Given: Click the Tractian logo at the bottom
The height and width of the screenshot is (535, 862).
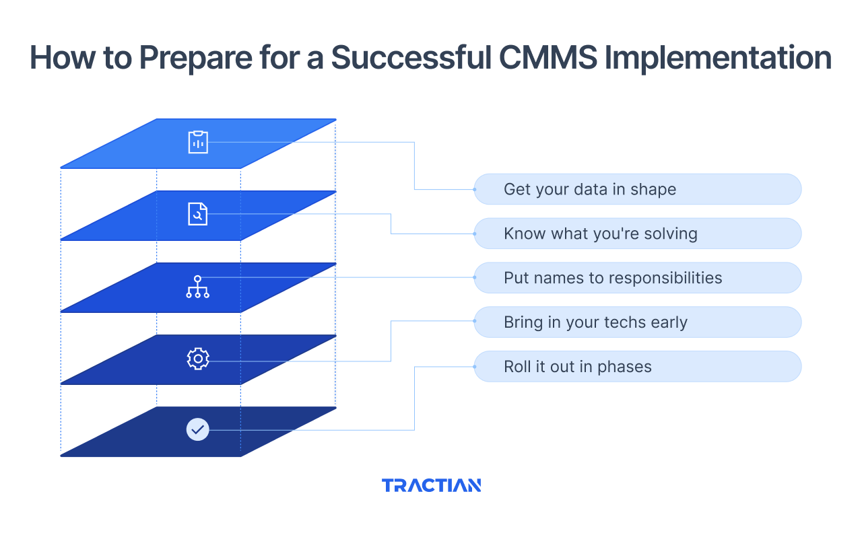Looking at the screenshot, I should point(431,485).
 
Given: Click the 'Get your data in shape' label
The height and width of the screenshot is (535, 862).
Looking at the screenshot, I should point(637,189).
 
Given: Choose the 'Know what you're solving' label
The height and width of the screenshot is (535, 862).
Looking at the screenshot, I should point(637,234).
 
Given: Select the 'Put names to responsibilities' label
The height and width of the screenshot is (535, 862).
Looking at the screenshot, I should point(637,278).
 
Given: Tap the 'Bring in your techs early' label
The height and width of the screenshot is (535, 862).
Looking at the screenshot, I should point(637,322).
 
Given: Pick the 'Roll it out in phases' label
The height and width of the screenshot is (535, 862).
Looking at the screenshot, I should point(637,367).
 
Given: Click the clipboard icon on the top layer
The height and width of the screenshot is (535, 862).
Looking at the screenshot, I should point(198,142).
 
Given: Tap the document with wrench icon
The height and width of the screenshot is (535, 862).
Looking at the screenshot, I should point(198,214).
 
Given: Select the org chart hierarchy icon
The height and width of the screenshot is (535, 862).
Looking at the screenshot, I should point(198,287).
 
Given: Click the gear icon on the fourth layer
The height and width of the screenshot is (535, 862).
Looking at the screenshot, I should point(198,359).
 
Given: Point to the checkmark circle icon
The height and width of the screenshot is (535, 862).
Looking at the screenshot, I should point(198,429).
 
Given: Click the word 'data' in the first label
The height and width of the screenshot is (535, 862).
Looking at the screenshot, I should point(590,190).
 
